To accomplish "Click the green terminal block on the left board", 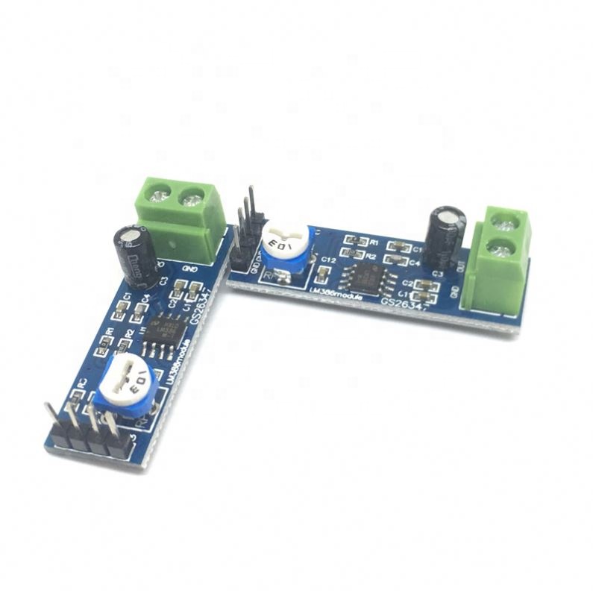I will point(183,210).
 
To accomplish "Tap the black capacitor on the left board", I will point(137,256).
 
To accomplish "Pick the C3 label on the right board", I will point(438,274).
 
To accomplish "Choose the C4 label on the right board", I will point(415,263).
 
